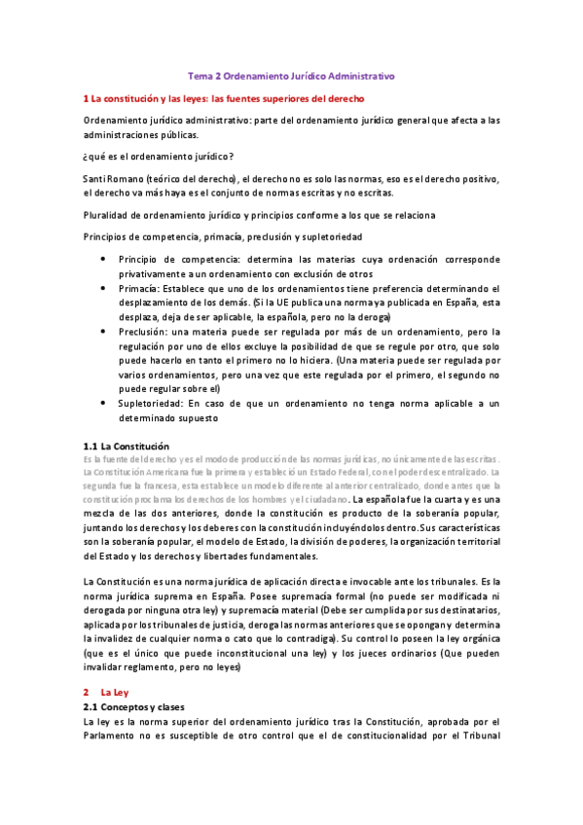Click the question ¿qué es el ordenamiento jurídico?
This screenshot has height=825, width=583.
(158, 157)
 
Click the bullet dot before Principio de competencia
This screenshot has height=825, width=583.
(103, 260)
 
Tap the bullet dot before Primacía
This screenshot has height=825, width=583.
(103, 288)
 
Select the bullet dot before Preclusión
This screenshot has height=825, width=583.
(103, 331)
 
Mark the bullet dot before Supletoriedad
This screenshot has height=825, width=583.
(103, 402)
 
